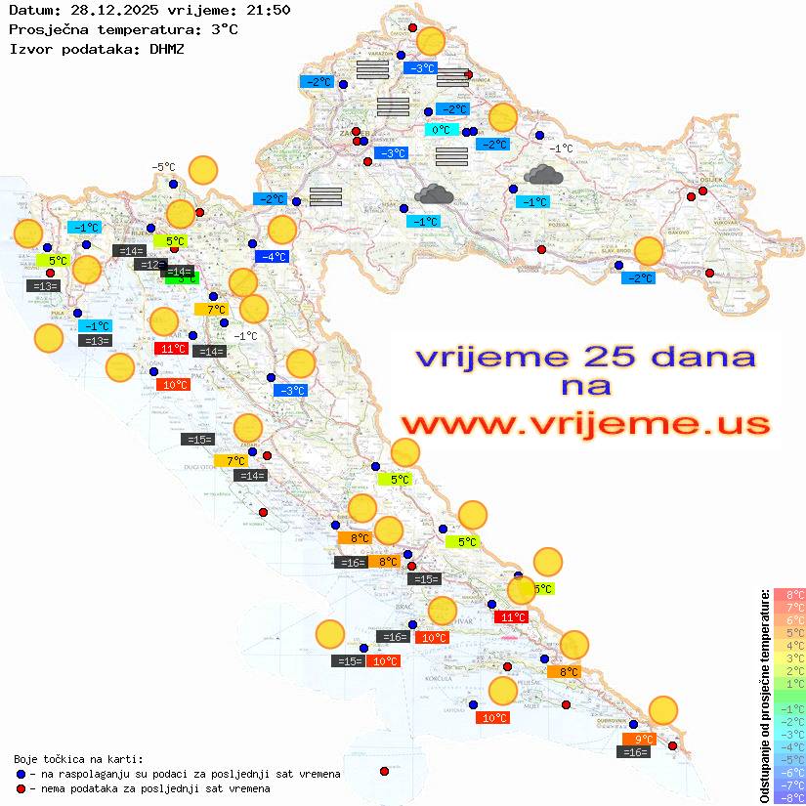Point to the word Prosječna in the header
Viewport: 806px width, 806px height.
click(x=46, y=29)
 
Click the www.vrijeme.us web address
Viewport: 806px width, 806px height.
click(x=584, y=424)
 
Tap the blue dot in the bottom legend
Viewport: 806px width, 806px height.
click(x=20, y=774)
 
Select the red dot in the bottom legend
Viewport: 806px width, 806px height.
click(x=20, y=788)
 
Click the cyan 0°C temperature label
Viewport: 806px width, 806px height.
click(x=441, y=129)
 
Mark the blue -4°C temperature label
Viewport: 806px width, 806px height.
click(x=271, y=256)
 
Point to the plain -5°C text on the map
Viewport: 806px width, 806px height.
click(x=163, y=167)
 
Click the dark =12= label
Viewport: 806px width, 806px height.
click(x=149, y=265)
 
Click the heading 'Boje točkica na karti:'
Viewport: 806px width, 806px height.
click(x=78, y=758)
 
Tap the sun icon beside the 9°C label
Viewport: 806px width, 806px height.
click(x=663, y=710)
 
